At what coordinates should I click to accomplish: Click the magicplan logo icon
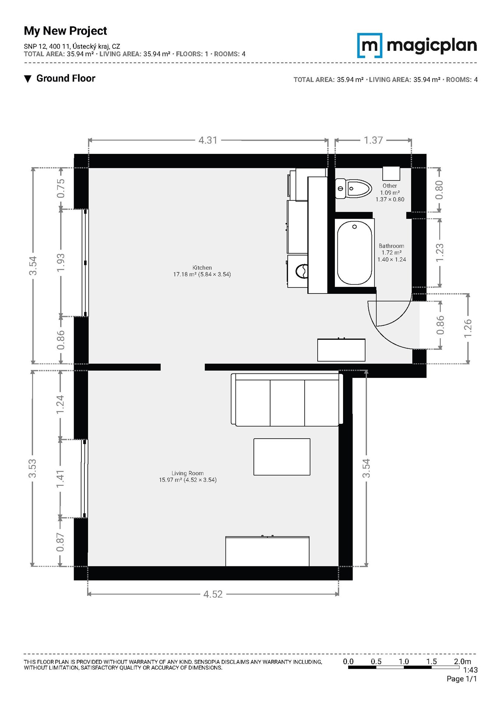(x=370, y=45)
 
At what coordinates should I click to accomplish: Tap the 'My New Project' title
(x=65, y=31)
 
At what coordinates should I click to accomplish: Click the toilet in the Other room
(x=353, y=189)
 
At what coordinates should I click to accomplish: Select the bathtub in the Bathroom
(x=354, y=253)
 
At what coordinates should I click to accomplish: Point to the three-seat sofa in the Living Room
(x=287, y=400)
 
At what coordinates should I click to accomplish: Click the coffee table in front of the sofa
(x=282, y=457)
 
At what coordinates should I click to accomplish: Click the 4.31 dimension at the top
(x=208, y=140)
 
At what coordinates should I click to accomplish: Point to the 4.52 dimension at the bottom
(x=213, y=594)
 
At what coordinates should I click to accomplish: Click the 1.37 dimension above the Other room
(x=373, y=140)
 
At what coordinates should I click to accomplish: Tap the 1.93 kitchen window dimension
(x=61, y=263)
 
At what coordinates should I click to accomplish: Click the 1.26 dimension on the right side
(x=468, y=328)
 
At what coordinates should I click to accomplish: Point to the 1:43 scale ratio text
(x=471, y=670)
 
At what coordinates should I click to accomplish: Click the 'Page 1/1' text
(x=462, y=679)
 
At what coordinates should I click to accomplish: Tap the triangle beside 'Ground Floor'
(x=28, y=79)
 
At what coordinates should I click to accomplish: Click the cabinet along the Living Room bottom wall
(x=268, y=551)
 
